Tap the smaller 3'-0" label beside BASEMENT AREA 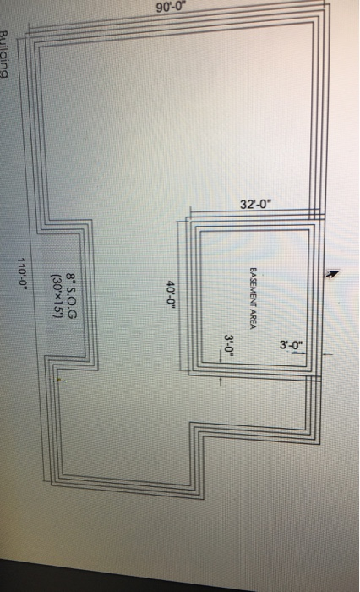click(229, 344)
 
